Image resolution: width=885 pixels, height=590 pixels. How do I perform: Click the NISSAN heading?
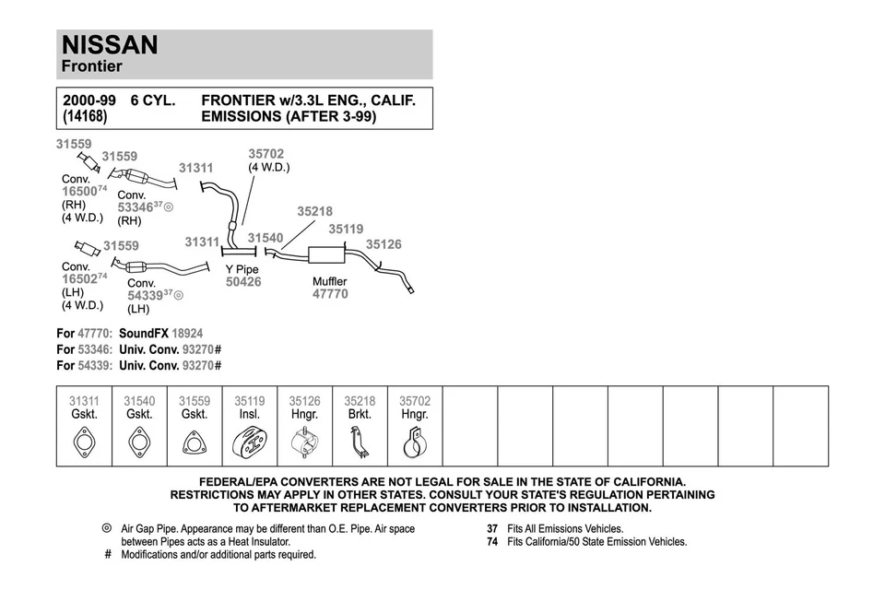[x=110, y=45]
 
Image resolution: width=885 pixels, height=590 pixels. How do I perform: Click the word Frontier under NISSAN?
[x=91, y=66]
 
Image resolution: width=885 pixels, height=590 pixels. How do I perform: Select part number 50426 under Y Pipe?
[x=243, y=282]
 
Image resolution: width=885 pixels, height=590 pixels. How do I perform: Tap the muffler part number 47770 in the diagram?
[x=330, y=294]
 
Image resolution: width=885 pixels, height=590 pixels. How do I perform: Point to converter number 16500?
[x=79, y=191]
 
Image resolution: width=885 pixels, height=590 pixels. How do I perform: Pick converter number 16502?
[x=79, y=278]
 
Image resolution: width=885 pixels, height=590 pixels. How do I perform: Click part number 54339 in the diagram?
[x=145, y=295]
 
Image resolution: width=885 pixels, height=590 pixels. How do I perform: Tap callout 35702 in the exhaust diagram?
[x=265, y=154]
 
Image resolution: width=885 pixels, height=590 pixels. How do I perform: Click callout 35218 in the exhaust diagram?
[x=314, y=211]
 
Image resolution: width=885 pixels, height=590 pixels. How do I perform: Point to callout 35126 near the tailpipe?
[x=383, y=244]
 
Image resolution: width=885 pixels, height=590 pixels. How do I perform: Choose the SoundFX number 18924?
[x=187, y=333]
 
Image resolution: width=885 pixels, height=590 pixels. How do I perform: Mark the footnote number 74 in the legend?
[x=492, y=542]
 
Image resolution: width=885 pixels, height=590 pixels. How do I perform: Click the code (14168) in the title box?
[x=85, y=117]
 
